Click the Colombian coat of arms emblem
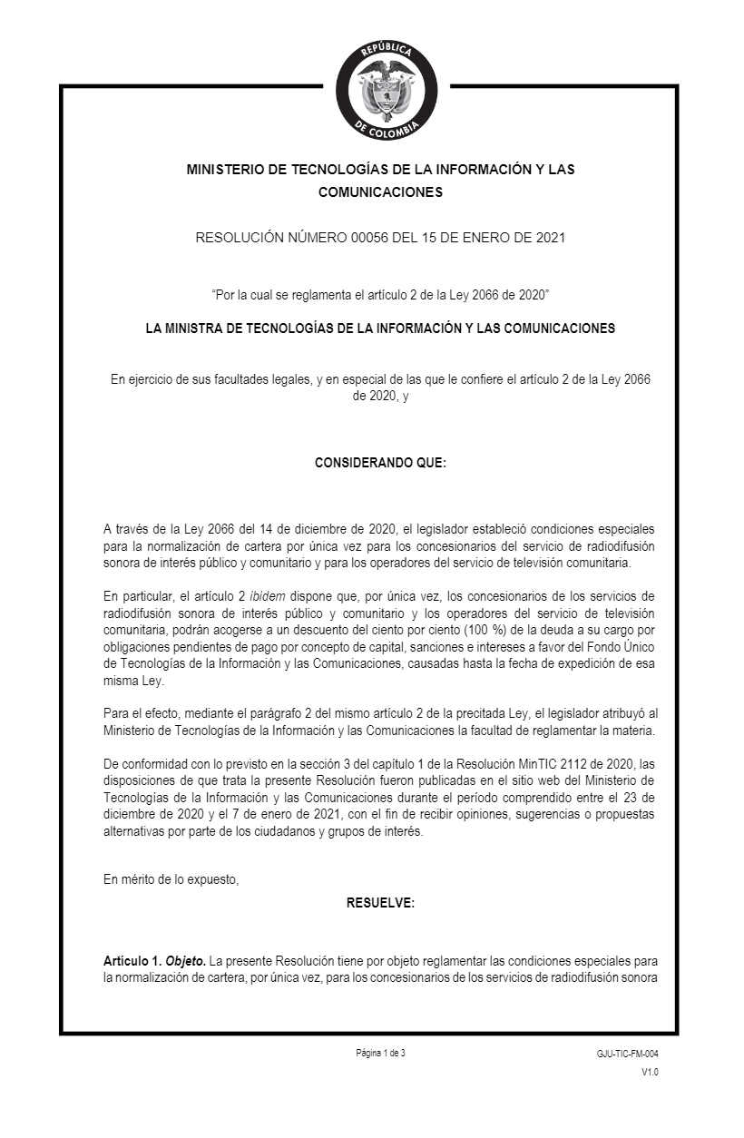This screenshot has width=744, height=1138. [x=387, y=88]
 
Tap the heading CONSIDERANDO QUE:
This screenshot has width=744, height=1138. [x=380, y=463]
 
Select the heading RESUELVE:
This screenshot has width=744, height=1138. [x=380, y=902]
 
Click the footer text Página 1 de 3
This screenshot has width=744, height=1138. [x=381, y=1053]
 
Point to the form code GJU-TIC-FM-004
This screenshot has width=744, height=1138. [x=627, y=1054]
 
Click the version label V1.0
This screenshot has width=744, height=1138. [x=650, y=1073]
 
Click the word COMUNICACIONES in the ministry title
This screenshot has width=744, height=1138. [x=380, y=192]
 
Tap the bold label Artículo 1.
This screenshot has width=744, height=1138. [x=132, y=960]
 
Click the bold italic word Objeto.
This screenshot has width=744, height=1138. [x=185, y=960]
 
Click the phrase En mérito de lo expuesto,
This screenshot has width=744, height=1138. [x=171, y=878]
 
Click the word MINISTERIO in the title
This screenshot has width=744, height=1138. [x=229, y=170]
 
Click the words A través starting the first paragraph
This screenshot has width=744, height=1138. [x=127, y=529]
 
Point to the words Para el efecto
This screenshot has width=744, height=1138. [x=141, y=715]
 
